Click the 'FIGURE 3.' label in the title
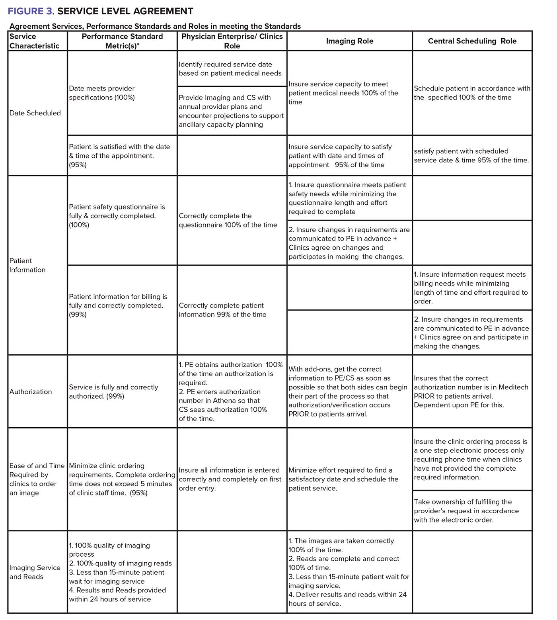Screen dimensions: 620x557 (x=31, y=11)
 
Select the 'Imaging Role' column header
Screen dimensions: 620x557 (x=349, y=41)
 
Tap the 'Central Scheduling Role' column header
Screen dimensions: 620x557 (x=472, y=41)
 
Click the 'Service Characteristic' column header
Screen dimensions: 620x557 (x=34, y=41)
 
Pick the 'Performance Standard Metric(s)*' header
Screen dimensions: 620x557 (x=122, y=41)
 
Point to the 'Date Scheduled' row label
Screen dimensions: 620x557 (x=35, y=113)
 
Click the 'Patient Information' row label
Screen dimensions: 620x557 (x=27, y=265)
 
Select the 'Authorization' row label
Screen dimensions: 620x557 (x=31, y=392)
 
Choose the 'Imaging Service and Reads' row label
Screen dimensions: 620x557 (x=35, y=572)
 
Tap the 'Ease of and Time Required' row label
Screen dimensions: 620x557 (x=37, y=479)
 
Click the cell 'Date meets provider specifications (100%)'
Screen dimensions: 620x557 (x=102, y=93)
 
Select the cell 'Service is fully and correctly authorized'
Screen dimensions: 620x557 (x=113, y=392)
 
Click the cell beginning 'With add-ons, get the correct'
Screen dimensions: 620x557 (x=348, y=391)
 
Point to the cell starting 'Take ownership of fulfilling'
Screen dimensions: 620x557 (x=466, y=511)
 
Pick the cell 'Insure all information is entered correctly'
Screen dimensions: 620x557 (x=230, y=479)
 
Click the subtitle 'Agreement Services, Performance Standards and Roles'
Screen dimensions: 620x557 (x=155, y=26)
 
